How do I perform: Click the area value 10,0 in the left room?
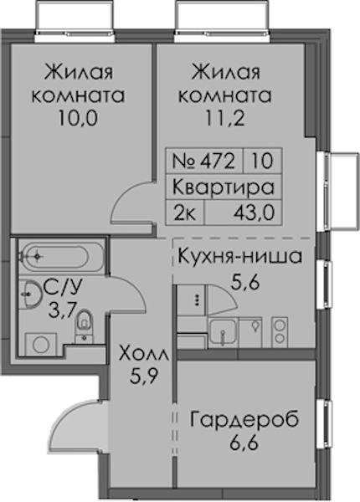[78, 119]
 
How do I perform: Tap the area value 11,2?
[225, 119]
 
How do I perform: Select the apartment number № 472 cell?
[204, 161]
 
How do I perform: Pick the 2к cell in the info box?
[185, 213]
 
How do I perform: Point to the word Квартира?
[224, 187]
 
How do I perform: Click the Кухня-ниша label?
[240, 256]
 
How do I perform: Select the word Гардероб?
[244, 420]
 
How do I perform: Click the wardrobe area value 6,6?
[244, 443]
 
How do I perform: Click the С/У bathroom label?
[63, 287]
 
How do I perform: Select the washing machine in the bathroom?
[41, 344]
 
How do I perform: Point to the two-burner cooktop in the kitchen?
[280, 332]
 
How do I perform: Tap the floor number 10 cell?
[262, 161]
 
